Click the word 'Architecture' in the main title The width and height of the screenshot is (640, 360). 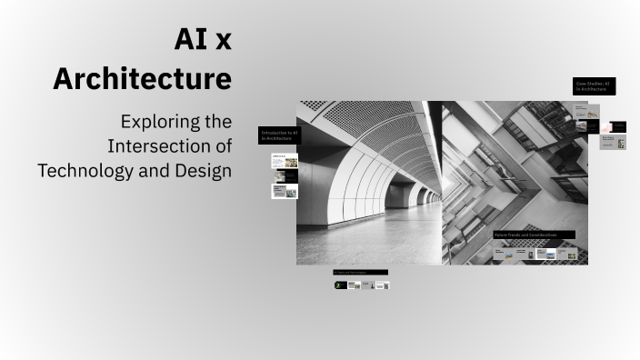[142, 79]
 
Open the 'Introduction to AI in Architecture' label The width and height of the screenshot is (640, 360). [278, 135]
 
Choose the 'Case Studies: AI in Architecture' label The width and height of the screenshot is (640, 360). [595, 86]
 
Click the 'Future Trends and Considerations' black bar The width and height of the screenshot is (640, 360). [533, 235]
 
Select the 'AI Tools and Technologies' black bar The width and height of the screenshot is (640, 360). [360, 272]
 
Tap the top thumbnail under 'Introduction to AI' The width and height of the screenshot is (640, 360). [285, 161]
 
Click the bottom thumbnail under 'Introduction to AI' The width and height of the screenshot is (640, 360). [285, 191]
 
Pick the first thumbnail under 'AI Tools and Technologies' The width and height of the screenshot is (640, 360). [341, 285]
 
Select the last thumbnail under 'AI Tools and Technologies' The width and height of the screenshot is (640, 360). [383, 285]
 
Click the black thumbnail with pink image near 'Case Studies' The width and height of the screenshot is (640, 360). [618, 126]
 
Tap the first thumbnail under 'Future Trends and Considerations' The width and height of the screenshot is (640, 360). [504, 254]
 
